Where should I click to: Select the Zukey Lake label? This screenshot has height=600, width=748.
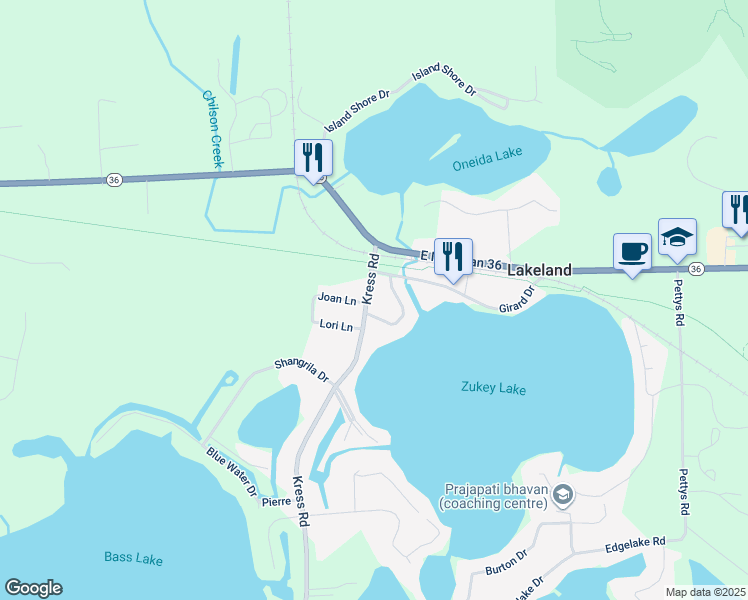click(x=493, y=388)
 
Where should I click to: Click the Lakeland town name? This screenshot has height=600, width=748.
click(x=540, y=270)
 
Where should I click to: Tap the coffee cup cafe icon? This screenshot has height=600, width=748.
click(x=632, y=251)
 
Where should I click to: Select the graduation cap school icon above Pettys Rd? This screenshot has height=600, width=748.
click(x=677, y=238)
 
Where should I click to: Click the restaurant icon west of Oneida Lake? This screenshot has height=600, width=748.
click(x=313, y=158)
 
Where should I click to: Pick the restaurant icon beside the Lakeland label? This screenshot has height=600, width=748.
click(x=453, y=258)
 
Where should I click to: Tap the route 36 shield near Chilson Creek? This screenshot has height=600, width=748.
click(x=114, y=179)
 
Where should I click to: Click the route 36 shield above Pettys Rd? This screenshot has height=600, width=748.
click(x=696, y=269)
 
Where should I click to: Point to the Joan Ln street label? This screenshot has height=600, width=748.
click(x=337, y=298)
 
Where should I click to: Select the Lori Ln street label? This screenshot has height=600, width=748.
click(x=336, y=325)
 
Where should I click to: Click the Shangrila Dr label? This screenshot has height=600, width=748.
click(x=302, y=370)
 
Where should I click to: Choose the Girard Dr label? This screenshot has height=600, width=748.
click(x=518, y=300)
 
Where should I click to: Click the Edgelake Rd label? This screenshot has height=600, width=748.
click(x=635, y=546)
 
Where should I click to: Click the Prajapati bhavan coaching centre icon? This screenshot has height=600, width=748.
click(x=563, y=494)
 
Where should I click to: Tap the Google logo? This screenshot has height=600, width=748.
click(x=33, y=588)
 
